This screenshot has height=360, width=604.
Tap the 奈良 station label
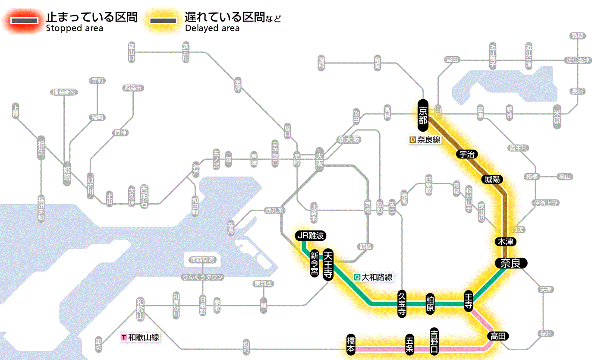point(510,263)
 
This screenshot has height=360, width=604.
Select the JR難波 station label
point(310,236)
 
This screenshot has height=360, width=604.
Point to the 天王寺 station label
point(328,265)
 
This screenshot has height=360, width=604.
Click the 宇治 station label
point(467,154)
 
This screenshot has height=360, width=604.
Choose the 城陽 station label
point(493,179)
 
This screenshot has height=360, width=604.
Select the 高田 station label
point(498,336)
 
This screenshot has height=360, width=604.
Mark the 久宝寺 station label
point(402,304)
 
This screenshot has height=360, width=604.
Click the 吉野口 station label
point(434,341)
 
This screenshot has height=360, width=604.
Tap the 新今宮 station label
point(315,264)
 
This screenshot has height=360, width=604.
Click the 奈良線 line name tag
point(425,140)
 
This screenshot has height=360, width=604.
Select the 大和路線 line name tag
point(374,277)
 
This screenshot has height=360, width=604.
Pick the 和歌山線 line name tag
point(140,337)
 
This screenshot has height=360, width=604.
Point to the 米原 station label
point(557,116)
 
